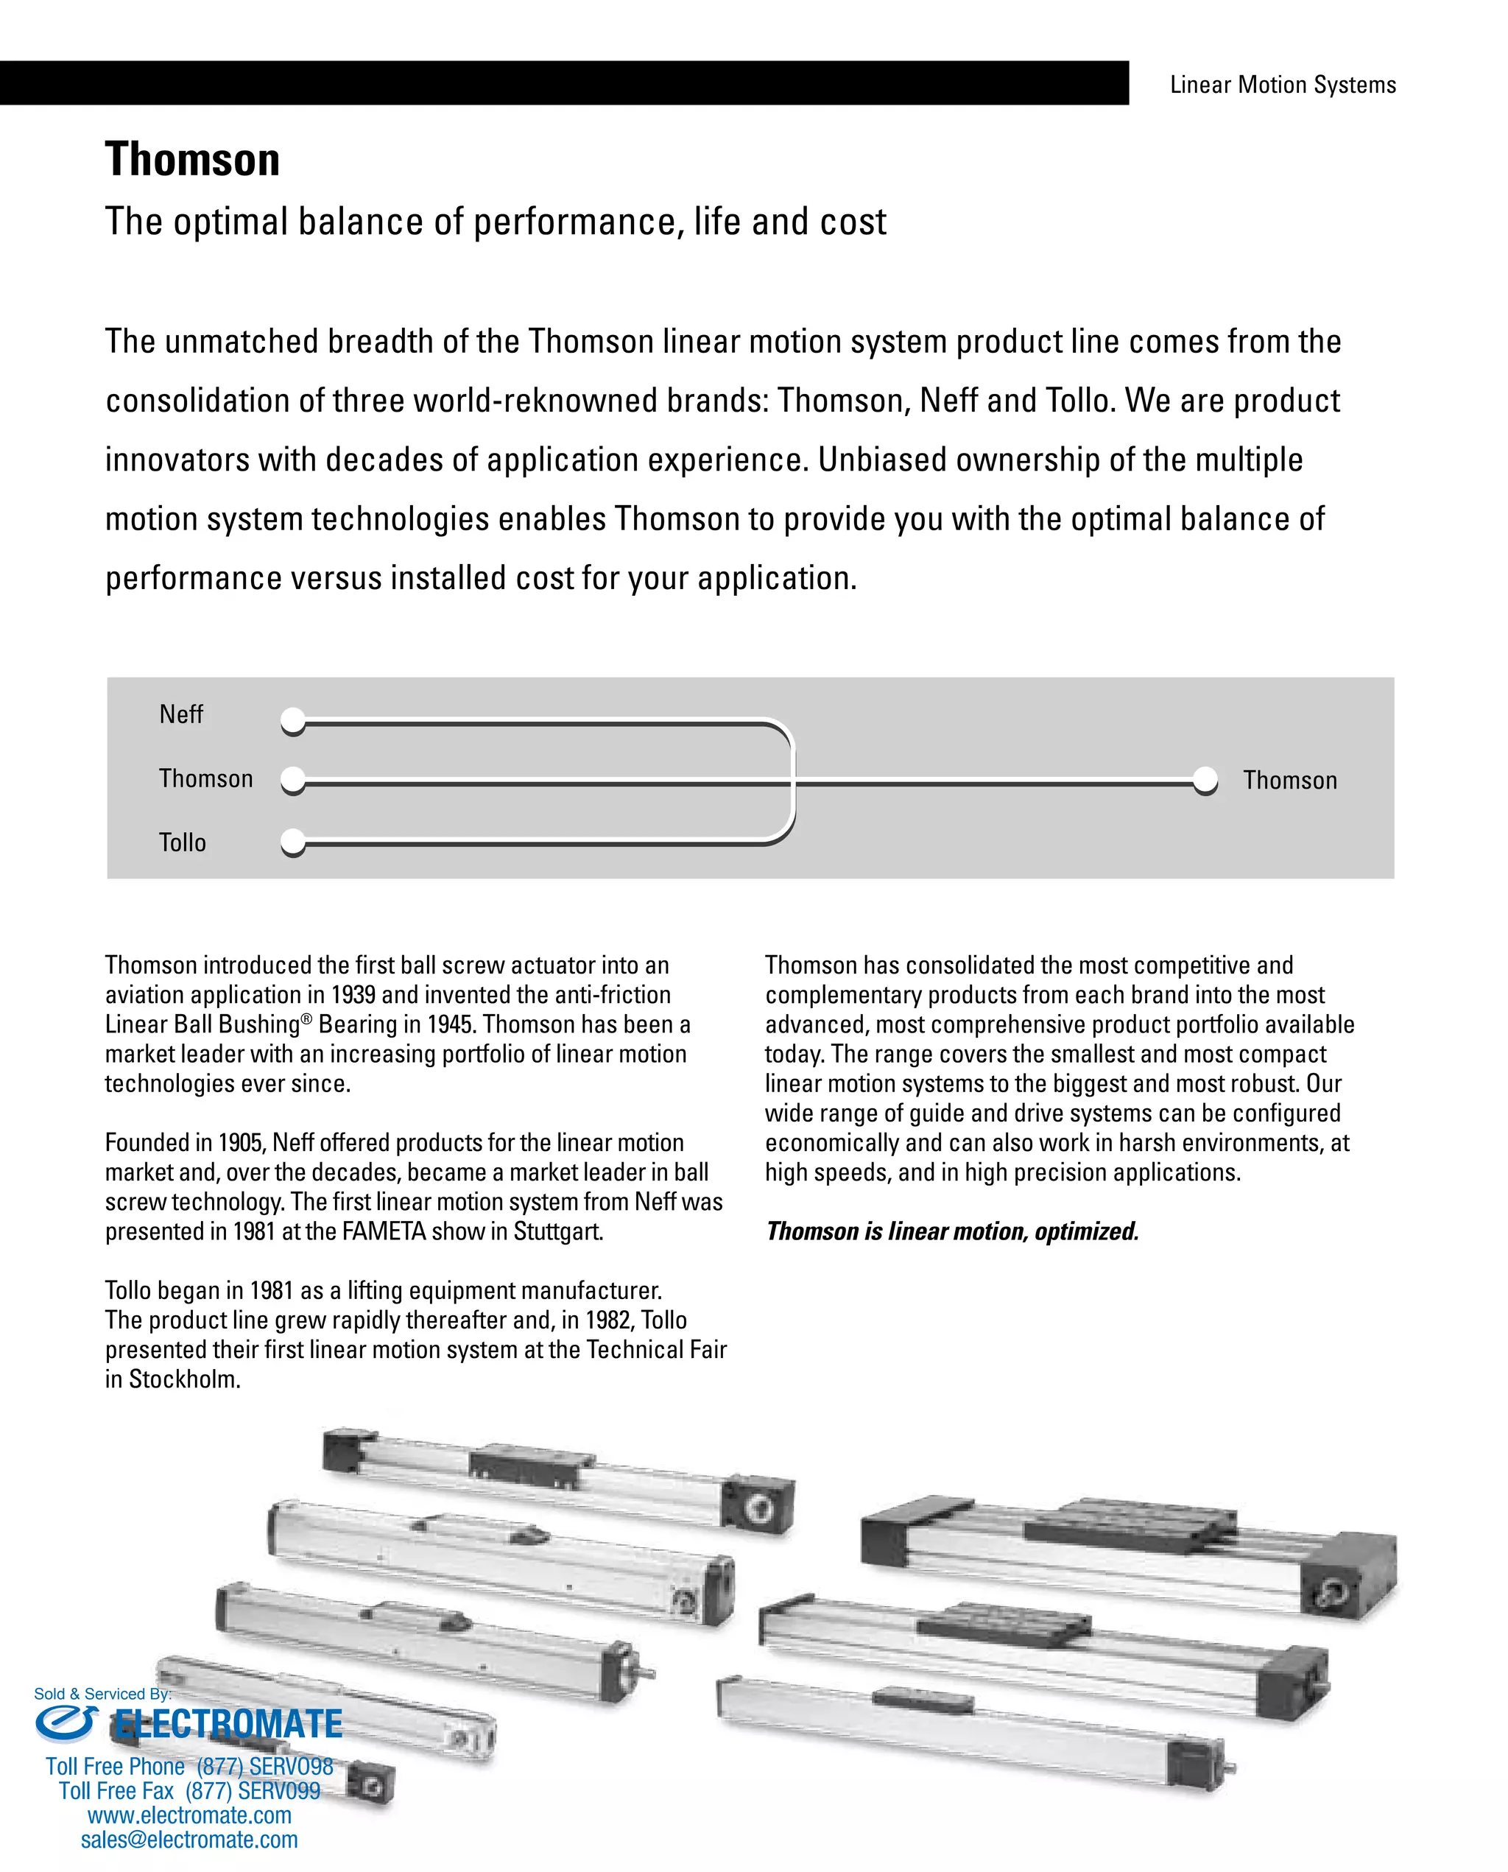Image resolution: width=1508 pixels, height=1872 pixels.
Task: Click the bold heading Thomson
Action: click(192, 160)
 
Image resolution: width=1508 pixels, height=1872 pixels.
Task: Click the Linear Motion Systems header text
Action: click(1282, 85)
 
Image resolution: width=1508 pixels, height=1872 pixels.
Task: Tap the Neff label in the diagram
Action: click(180, 715)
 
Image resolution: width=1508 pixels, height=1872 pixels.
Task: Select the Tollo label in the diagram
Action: click(183, 842)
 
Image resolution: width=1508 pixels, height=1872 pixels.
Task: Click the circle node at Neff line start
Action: click(294, 720)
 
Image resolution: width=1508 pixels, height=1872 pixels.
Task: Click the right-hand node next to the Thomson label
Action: click(1205, 779)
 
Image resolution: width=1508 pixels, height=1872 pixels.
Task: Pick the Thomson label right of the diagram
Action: click(1290, 780)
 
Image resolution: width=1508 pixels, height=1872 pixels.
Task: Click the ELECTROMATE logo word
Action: click(228, 1724)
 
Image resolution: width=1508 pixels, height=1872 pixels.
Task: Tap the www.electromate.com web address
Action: click(189, 1815)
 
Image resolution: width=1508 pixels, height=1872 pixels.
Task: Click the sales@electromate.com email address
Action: click(189, 1839)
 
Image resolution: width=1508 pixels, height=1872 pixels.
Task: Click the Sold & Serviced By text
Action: click(102, 1694)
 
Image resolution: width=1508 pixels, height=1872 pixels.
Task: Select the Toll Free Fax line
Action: click(189, 1790)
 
